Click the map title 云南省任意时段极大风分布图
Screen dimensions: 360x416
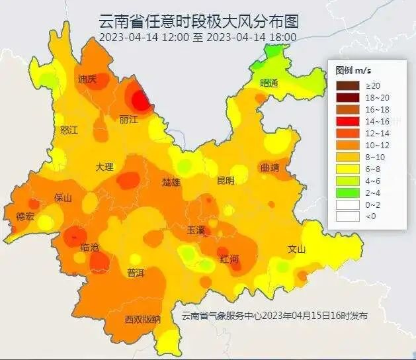point(197,21)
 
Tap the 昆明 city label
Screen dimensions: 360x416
point(226,181)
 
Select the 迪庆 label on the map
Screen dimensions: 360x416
point(87,79)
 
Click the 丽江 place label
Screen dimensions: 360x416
point(128,120)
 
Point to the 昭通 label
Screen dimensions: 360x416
point(269,83)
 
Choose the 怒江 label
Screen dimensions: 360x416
point(69,130)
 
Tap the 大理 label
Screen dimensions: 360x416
point(104,167)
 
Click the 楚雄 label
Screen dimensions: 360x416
point(171,182)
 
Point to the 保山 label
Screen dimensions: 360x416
point(63,197)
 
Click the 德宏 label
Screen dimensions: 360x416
point(25,216)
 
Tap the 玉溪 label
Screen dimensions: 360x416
point(196,230)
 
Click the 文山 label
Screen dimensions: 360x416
point(298,249)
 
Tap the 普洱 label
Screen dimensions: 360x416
point(136,273)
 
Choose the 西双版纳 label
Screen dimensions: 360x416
point(142,320)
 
